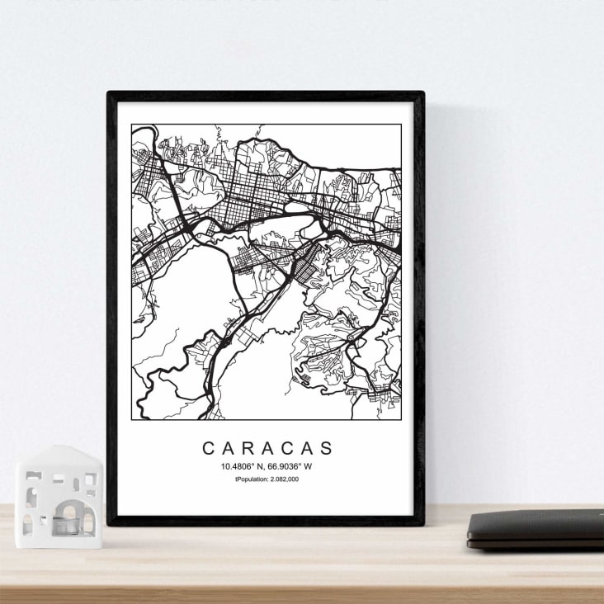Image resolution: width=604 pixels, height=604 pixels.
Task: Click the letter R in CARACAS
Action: click(248, 448)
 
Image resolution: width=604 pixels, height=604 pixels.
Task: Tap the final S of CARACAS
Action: click(328, 448)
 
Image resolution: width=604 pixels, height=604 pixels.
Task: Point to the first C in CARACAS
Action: click(208, 448)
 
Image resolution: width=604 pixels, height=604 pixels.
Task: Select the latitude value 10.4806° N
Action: click(243, 466)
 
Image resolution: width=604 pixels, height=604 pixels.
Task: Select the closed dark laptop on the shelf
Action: click(536, 528)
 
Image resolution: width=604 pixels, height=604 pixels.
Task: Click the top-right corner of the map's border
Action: click(401, 125)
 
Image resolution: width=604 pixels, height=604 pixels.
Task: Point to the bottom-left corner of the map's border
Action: click(131, 420)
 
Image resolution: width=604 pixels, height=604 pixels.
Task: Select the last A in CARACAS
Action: click(308, 448)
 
